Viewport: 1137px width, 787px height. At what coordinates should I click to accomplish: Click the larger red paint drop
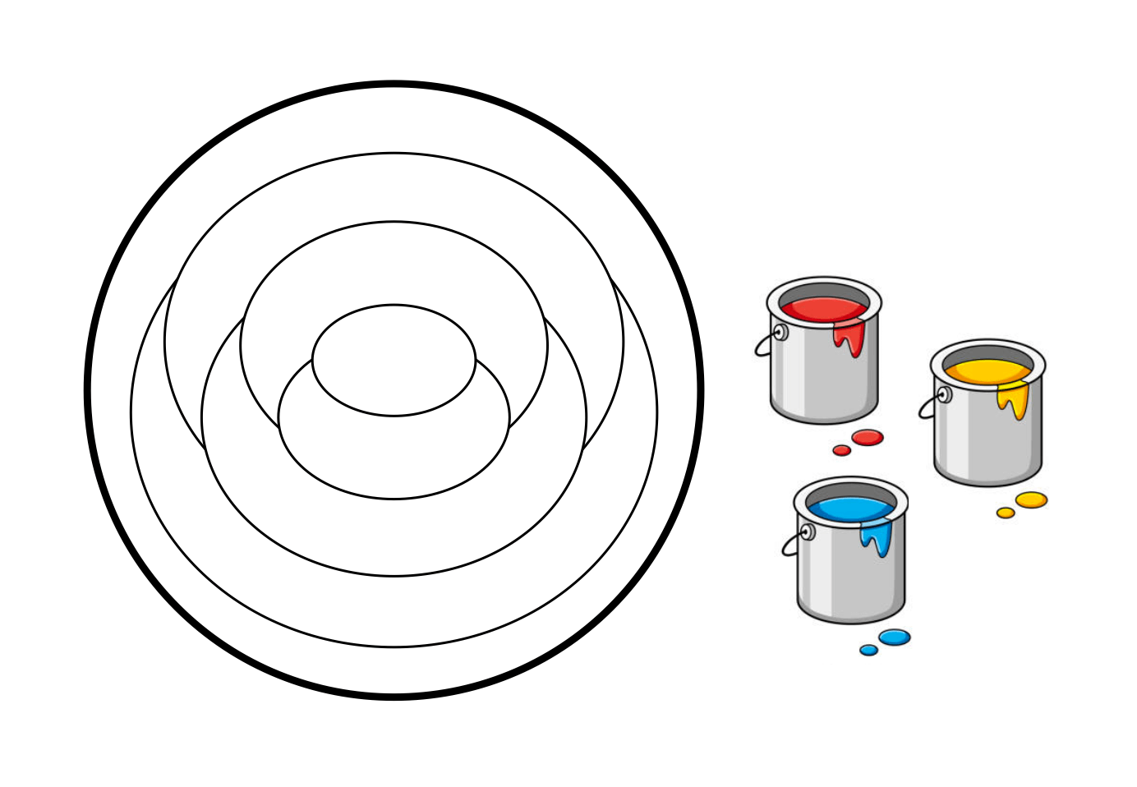[867, 437]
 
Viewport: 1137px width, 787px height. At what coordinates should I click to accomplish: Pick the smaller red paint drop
[841, 450]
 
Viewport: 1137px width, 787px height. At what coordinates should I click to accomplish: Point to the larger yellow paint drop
[1031, 499]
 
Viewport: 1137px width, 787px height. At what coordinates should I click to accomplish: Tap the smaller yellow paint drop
[1006, 513]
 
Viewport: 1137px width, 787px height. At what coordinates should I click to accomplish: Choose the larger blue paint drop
[894, 637]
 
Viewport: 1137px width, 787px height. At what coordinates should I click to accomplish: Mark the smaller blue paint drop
[868, 650]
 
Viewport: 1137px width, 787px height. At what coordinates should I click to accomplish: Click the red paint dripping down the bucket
[851, 338]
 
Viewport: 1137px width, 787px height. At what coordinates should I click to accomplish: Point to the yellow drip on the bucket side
[1015, 400]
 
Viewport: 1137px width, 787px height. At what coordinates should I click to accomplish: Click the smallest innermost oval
[394, 360]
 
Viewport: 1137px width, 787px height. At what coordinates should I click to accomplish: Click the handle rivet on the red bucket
[780, 332]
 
